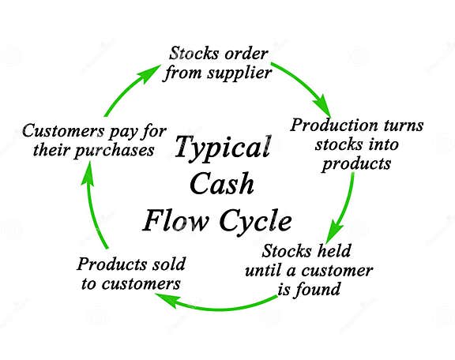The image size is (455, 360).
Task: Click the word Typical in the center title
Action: pyautogui.click(x=221, y=148)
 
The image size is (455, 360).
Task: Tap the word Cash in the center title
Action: pyautogui.click(x=221, y=183)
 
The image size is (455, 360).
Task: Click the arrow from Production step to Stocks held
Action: pyautogui.click(x=345, y=205)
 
